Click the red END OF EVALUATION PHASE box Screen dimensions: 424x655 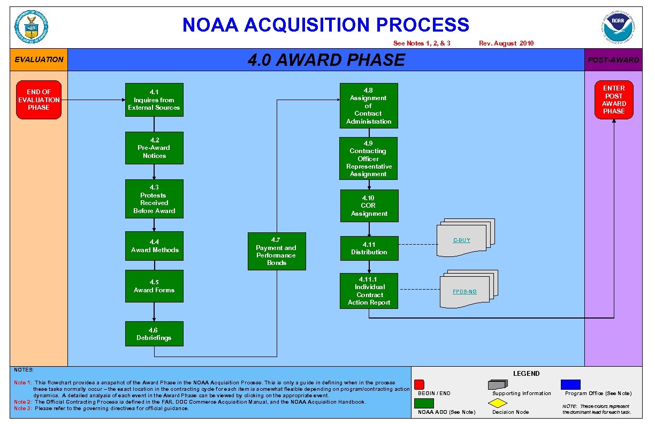point(39,100)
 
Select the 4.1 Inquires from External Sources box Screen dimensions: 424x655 point(154,100)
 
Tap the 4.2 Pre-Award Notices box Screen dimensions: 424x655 point(154,148)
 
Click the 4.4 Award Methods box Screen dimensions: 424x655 point(154,246)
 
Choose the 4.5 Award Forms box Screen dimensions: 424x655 point(154,286)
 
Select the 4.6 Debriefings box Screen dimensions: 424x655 point(154,334)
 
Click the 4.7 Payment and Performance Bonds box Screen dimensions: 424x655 point(277,251)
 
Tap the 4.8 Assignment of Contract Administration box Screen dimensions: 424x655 point(369,105)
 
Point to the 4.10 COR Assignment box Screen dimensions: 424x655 point(369,206)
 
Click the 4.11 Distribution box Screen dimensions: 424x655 point(369,248)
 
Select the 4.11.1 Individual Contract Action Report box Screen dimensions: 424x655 point(369,291)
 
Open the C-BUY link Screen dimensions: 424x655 point(462,240)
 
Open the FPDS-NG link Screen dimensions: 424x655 point(464,292)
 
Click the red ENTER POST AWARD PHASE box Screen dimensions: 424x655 point(614,100)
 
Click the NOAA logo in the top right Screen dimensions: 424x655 point(618,27)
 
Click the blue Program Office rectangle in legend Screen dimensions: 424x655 point(570,384)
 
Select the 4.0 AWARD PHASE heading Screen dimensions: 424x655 point(326,60)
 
